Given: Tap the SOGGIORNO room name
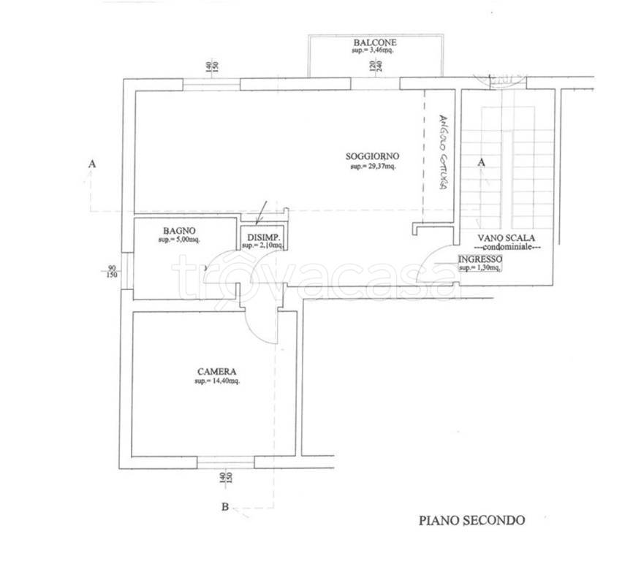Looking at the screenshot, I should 373,156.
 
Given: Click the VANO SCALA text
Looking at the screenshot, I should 507,238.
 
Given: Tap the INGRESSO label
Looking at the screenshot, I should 480,259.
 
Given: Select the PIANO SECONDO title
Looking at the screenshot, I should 471,520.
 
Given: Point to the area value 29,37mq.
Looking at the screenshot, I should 374,167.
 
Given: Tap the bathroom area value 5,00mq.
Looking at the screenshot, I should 178,240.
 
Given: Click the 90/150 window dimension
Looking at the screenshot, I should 111,271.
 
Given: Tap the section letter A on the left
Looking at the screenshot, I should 91,164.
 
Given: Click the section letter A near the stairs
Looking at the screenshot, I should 482,162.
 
